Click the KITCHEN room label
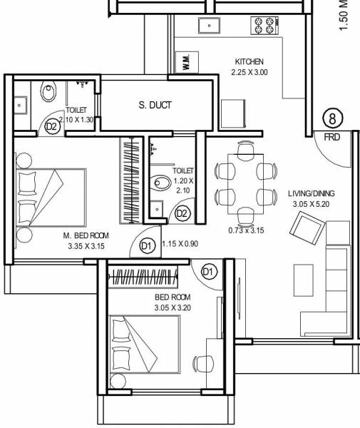249,62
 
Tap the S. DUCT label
155,106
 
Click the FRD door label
331,135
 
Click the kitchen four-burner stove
262,25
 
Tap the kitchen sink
209,26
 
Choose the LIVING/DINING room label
311,193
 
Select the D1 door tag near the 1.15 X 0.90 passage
147,245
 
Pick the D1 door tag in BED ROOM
209,271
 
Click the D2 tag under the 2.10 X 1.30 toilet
51,126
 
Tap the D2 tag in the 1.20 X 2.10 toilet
182,213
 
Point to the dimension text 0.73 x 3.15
247,230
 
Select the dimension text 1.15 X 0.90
179,244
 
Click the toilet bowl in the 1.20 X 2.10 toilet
160,183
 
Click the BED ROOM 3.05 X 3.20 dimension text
174,307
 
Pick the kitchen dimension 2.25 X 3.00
249,72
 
